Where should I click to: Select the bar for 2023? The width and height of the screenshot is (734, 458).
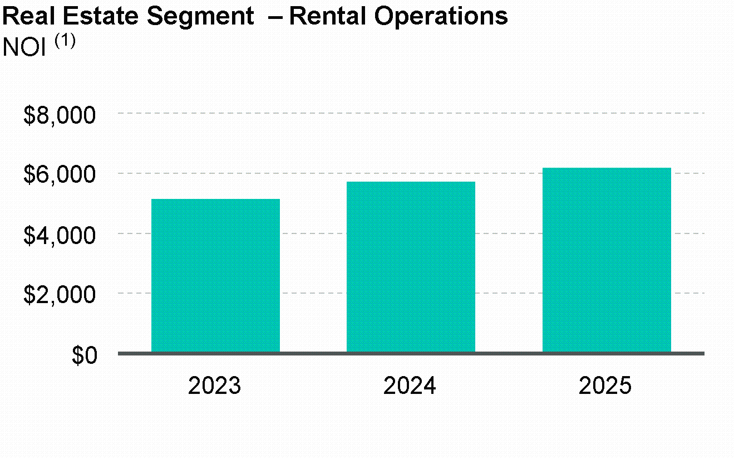click(x=215, y=275)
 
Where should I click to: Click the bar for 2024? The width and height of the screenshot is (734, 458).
click(x=411, y=267)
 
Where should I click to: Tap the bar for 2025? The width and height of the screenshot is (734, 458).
click(x=607, y=260)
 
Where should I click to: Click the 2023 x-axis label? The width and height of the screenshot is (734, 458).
click(x=215, y=386)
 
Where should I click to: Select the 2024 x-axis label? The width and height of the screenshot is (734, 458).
click(x=410, y=386)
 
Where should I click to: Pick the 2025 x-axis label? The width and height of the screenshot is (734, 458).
click(x=605, y=386)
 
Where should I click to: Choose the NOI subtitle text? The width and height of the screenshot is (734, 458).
click(x=24, y=47)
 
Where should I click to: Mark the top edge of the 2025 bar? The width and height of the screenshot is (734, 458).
click(x=607, y=168)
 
